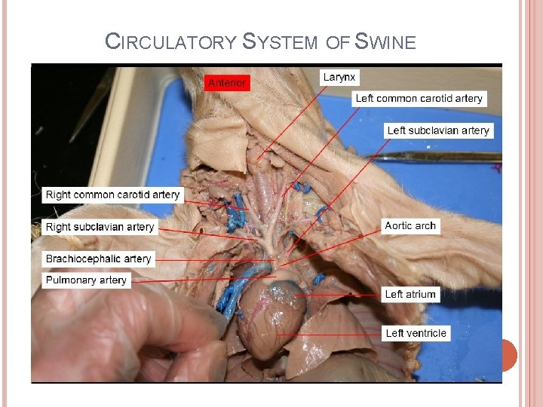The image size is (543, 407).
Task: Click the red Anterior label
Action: click(227, 83)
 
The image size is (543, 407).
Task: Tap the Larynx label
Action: click(340, 77)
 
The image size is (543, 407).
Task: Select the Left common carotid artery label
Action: click(419, 98)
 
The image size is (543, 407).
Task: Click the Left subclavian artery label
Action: click(438, 130)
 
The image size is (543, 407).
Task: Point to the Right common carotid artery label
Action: click(113, 194)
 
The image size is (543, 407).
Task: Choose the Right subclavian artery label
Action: click(100, 227)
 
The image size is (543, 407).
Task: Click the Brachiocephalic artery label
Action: click(98, 259)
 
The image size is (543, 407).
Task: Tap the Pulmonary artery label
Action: click(86, 280)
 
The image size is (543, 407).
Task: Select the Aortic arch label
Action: click(410, 225)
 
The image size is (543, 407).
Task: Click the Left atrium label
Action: click(410, 294)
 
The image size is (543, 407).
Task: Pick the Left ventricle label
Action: click(416, 333)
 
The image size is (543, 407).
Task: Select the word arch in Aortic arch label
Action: click(425, 225)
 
